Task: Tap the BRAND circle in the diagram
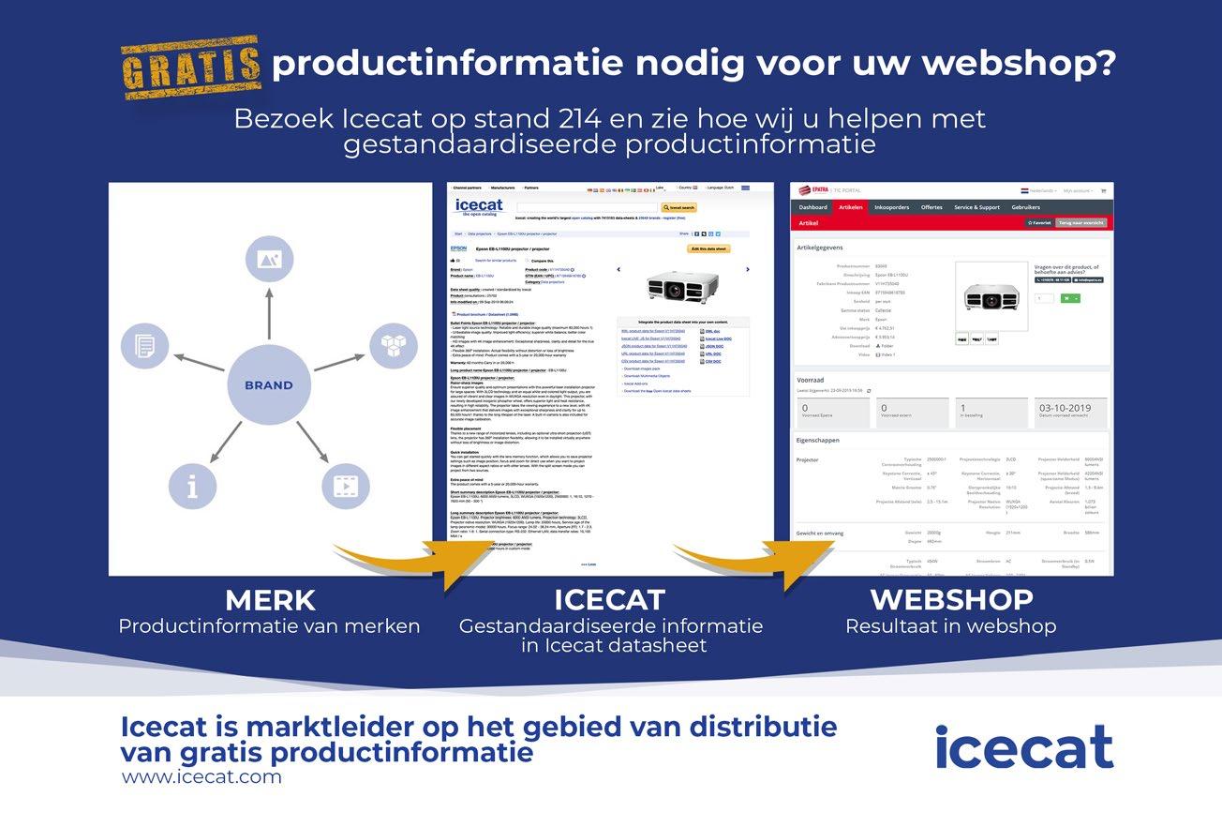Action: pos(269,385)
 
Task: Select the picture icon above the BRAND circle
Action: pos(269,260)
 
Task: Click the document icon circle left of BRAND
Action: pos(145,345)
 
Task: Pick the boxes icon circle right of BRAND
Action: pos(393,345)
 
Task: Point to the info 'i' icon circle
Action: pos(192,486)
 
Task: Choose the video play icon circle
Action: pos(345,486)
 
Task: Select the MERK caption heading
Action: pos(270,600)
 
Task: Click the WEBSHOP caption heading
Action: pos(951,600)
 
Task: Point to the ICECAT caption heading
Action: pos(609,600)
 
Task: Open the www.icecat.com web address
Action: pos(201,776)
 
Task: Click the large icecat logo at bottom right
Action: pos(1023,747)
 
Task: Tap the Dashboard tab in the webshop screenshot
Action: pos(812,207)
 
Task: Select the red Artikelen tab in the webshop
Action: pos(851,207)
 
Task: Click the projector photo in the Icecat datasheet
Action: pos(680,284)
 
